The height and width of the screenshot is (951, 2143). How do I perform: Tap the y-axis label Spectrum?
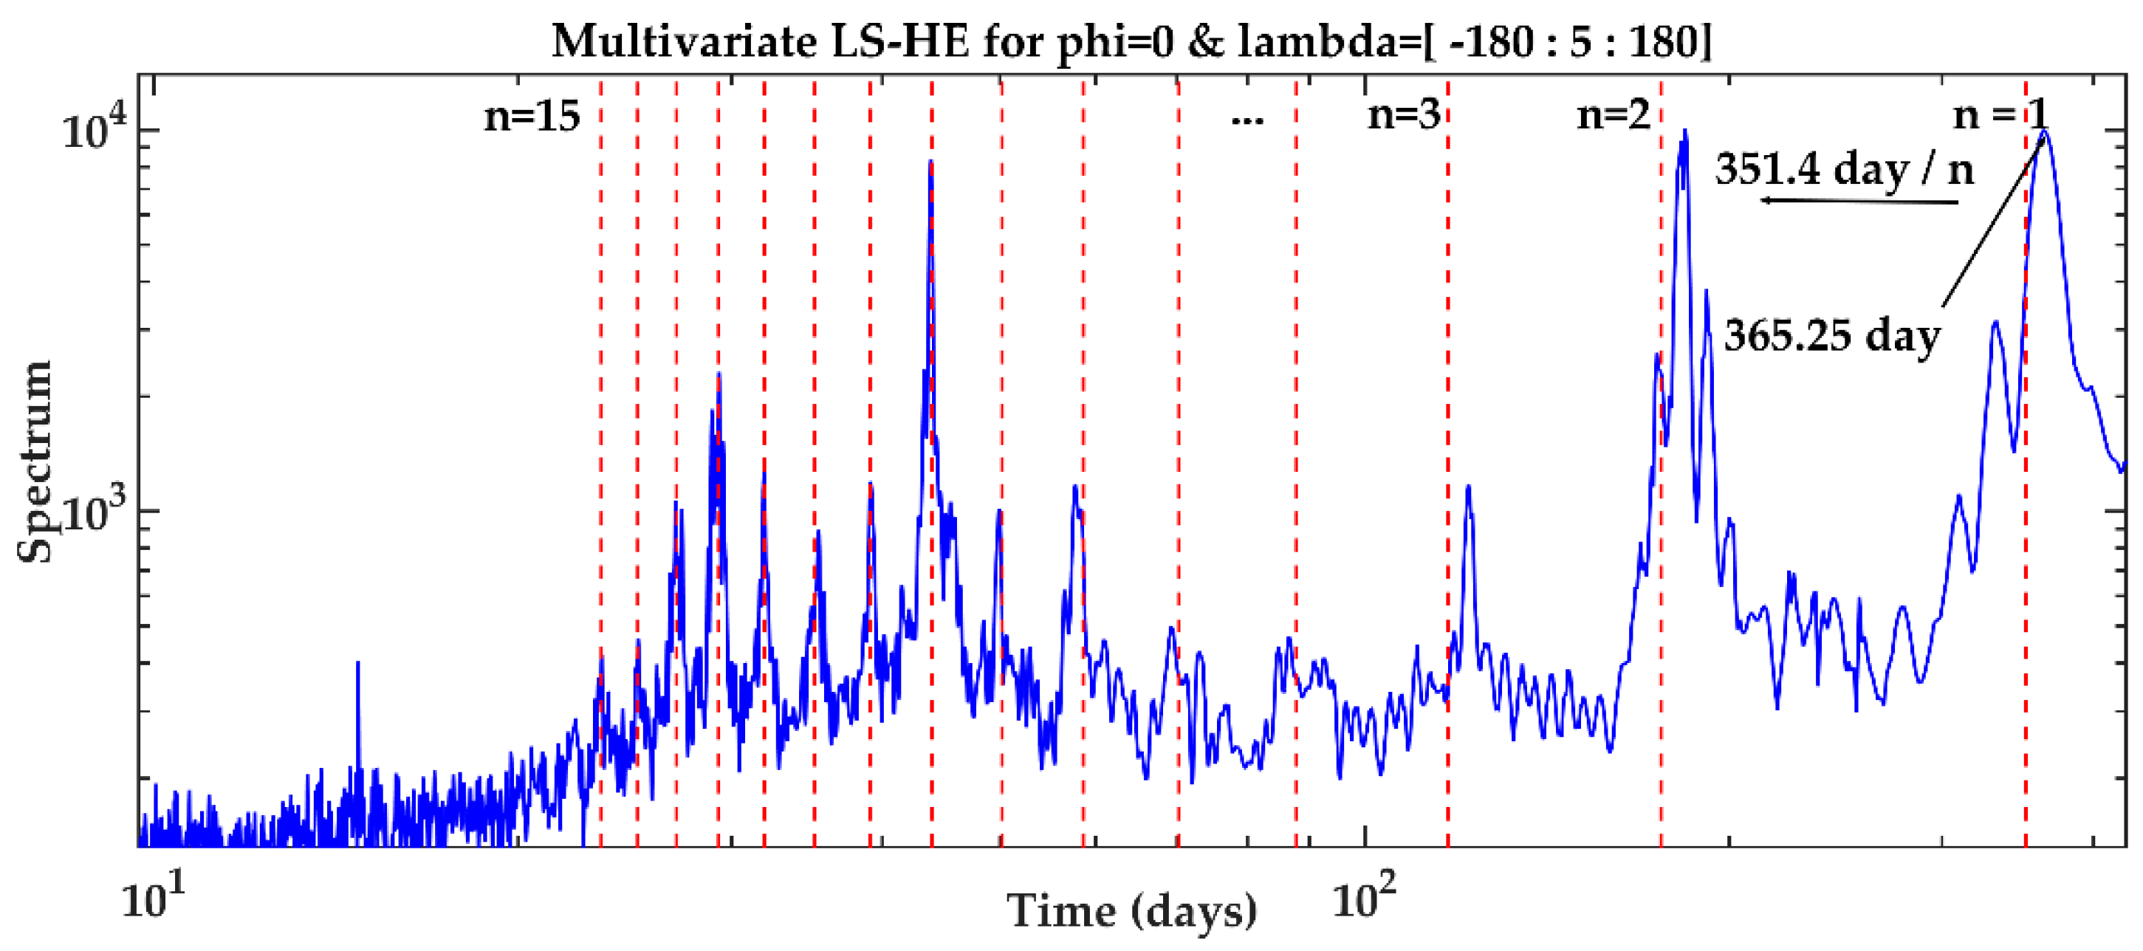[x=35, y=461]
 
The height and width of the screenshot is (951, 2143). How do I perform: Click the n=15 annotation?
[x=532, y=116]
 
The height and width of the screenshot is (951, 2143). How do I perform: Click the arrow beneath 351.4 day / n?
[x=1859, y=202]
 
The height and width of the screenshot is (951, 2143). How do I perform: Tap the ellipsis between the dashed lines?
[x=1247, y=120]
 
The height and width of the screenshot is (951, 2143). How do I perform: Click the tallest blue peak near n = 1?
[x=2045, y=133]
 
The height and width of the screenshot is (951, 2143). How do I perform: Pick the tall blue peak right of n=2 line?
[x=1684, y=133]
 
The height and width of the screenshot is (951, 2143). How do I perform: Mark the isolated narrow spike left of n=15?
[x=357, y=665]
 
